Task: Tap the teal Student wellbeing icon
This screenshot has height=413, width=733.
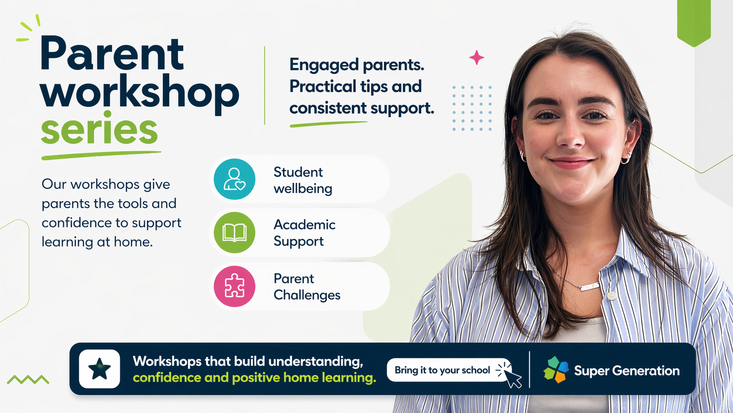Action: tap(234, 179)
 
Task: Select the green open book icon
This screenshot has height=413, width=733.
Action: tap(234, 233)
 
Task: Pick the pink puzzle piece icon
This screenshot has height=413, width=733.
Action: tap(234, 286)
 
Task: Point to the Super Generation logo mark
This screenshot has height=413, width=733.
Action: tap(556, 370)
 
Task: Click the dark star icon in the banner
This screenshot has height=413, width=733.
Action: tap(100, 369)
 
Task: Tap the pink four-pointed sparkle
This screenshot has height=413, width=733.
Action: tap(477, 57)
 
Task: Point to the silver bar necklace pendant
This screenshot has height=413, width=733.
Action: tap(589, 287)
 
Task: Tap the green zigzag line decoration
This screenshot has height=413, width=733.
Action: tap(28, 379)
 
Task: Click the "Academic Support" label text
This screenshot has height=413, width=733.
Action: tap(304, 233)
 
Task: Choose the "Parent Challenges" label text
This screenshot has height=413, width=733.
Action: tap(306, 287)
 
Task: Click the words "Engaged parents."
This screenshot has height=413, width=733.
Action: tap(357, 65)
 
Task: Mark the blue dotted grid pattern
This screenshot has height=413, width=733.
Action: tap(472, 108)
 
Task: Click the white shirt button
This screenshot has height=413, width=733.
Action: tap(611, 296)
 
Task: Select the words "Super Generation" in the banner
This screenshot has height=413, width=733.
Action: tap(626, 370)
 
